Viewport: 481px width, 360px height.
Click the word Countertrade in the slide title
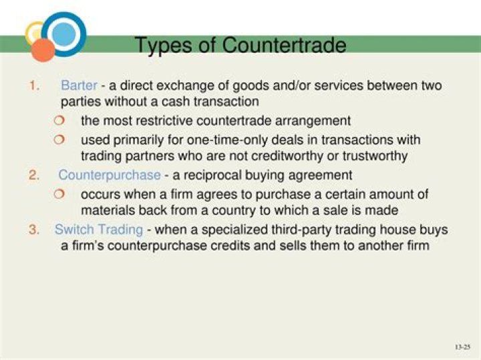[x=284, y=45]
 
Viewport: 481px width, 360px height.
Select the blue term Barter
[x=79, y=85]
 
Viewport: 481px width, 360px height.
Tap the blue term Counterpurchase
[x=110, y=175]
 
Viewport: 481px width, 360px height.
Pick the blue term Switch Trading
[x=99, y=229]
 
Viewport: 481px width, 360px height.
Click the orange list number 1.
[x=34, y=85]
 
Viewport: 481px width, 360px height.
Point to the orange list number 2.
[x=34, y=175]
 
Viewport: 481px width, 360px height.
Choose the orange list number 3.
[x=34, y=229]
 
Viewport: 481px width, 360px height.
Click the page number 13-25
[x=462, y=347]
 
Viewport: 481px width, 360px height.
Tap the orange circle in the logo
[x=43, y=49]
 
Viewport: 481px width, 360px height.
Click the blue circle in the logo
[x=63, y=33]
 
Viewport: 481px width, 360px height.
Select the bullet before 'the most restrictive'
[x=59, y=121]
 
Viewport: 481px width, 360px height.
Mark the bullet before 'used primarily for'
[x=59, y=140]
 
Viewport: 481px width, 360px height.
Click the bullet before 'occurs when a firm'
[x=59, y=194]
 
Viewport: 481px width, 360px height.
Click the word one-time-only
[x=208, y=140]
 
